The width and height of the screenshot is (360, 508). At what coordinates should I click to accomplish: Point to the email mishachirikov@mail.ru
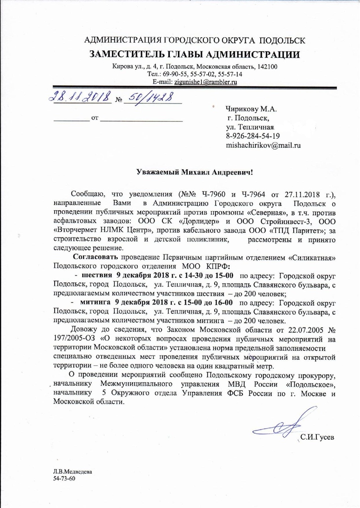263,145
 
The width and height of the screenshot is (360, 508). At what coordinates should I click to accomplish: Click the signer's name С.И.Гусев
317,438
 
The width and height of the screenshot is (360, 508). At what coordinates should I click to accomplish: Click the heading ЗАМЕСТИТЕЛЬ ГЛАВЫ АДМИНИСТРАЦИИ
194,54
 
